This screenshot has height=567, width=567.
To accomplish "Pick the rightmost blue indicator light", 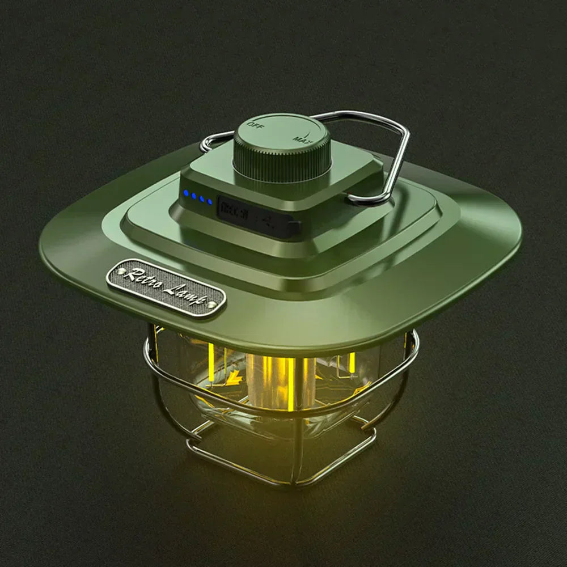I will [x=210, y=201].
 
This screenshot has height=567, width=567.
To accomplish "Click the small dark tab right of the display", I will [x=293, y=227].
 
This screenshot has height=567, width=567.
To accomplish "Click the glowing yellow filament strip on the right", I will [x=352, y=363].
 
